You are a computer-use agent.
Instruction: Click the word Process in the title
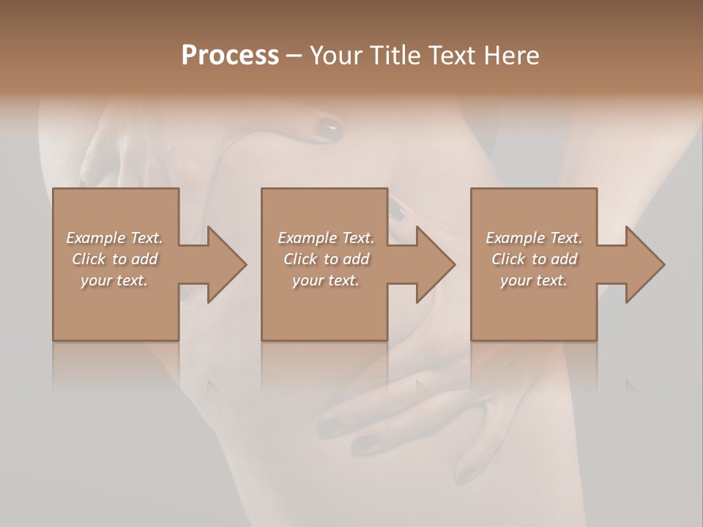tap(230, 56)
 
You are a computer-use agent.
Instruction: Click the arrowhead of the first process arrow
tap(227, 264)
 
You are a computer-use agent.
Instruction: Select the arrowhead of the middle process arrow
tap(436, 264)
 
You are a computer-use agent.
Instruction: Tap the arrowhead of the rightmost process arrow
tap(645, 264)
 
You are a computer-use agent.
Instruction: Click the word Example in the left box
tap(96, 238)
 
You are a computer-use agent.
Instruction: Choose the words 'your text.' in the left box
tap(114, 280)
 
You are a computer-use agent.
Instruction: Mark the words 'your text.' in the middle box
tap(325, 280)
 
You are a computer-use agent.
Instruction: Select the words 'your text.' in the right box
tap(534, 280)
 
